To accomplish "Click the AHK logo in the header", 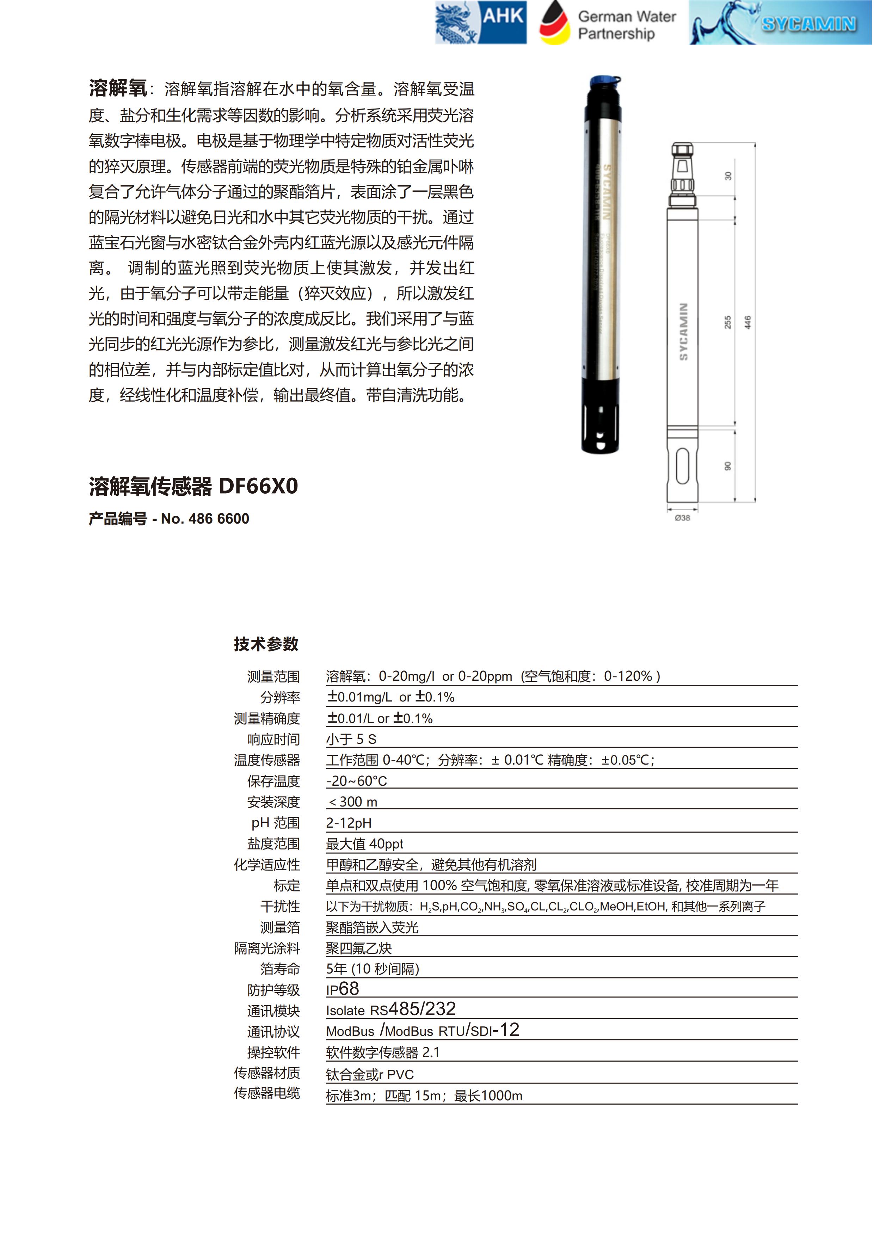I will click(x=481, y=22).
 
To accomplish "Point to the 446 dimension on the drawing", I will click(x=748, y=322).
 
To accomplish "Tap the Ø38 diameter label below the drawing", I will click(x=683, y=518).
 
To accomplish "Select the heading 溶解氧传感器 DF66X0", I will click(x=193, y=486).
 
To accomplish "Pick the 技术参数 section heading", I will click(x=266, y=644).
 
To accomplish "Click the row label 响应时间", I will click(x=273, y=740).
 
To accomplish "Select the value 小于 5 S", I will click(x=351, y=740).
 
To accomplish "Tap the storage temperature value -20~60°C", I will click(x=357, y=781).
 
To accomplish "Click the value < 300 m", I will click(x=353, y=802).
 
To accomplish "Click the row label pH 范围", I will click(x=275, y=823).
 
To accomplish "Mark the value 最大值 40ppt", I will click(x=364, y=844).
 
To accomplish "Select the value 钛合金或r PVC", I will click(x=370, y=1075).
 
